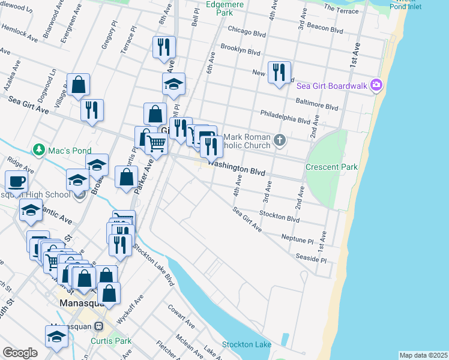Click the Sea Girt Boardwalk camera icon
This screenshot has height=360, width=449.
tap(376, 85)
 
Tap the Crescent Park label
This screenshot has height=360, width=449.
tap(331, 167)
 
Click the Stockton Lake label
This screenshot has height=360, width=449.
tap(246, 344)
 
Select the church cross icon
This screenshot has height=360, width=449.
tap(279, 140)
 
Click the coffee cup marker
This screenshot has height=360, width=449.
tap(16, 181)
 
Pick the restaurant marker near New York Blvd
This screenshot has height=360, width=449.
tap(279, 73)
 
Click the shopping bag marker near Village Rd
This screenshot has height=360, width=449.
tap(78, 85)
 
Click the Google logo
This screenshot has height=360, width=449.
tap(20, 353)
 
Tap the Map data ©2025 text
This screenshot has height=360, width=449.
tap(423, 355)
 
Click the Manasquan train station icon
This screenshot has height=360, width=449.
tap(99, 326)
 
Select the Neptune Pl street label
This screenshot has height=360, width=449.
tap(298, 238)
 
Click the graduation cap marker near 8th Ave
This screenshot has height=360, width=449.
tap(173, 83)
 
